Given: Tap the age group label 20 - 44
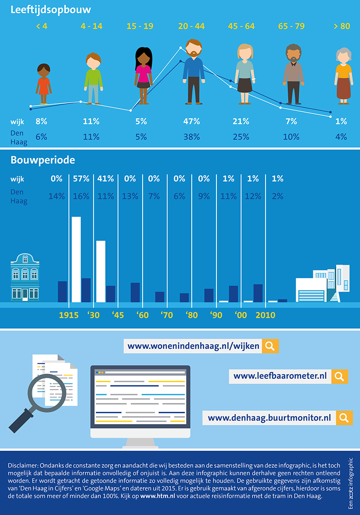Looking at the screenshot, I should (191, 26).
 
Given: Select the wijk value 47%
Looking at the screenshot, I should (191, 121).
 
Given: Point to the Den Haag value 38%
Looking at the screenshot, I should (191, 137).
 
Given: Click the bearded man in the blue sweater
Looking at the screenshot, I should (194, 72).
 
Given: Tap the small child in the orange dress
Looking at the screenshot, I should (44, 83).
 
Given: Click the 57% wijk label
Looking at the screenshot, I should (81, 179).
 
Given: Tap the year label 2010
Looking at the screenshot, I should (265, 315).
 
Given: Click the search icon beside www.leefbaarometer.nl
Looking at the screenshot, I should (340, 376).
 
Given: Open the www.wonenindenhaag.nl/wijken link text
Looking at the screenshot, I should (193, 346).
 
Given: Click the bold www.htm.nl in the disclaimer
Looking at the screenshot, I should (154, 496).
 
